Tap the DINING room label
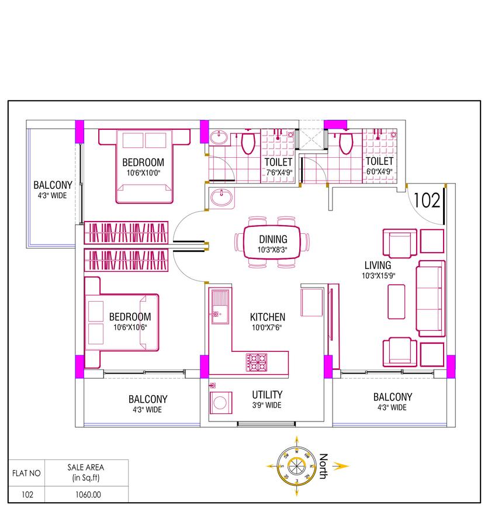tap(273, 239)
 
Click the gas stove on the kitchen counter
tap(258, 362)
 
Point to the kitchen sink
tap(221, 307)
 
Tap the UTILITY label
tap(267, 395)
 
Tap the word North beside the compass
tap(323, 466)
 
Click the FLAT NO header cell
tap(27, 474)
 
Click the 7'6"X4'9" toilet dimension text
tap(279, 172)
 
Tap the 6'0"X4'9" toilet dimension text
tap(379, 172)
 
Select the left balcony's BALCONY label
tap(53, 184)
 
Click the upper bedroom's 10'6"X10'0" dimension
tap(143, 172)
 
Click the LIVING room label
tap(377, 265)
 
